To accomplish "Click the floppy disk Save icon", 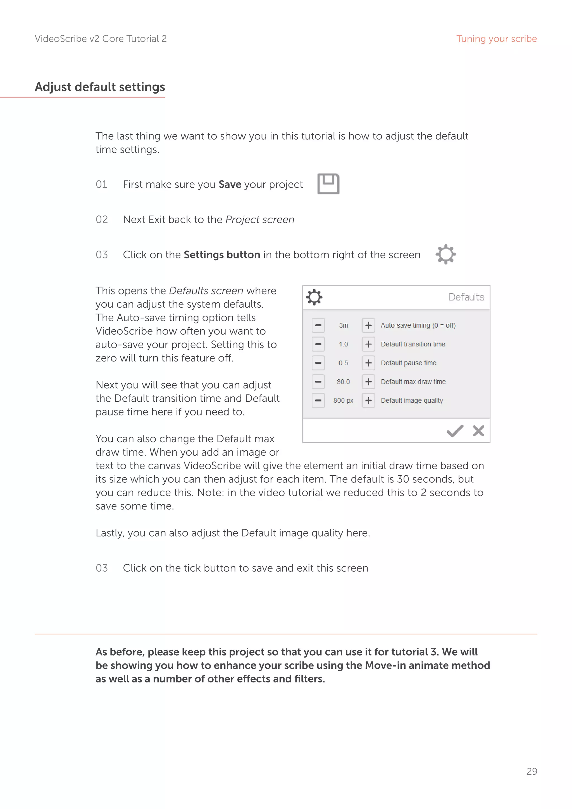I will tap(328, 184).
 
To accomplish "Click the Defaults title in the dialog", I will tap(466, 297).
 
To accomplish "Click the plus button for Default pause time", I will tap(368, 363).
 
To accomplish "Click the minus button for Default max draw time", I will tap(318, 382).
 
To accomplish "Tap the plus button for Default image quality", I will tap(368, 401).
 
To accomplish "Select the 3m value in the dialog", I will tap(344, 325).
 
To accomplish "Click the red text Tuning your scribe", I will tap(496, 39).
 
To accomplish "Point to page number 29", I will tap(532, 771).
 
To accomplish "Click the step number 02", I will tap(102, 220).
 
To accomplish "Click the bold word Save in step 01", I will tap(230, 184).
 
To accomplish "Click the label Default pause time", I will tap(408, 363).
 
